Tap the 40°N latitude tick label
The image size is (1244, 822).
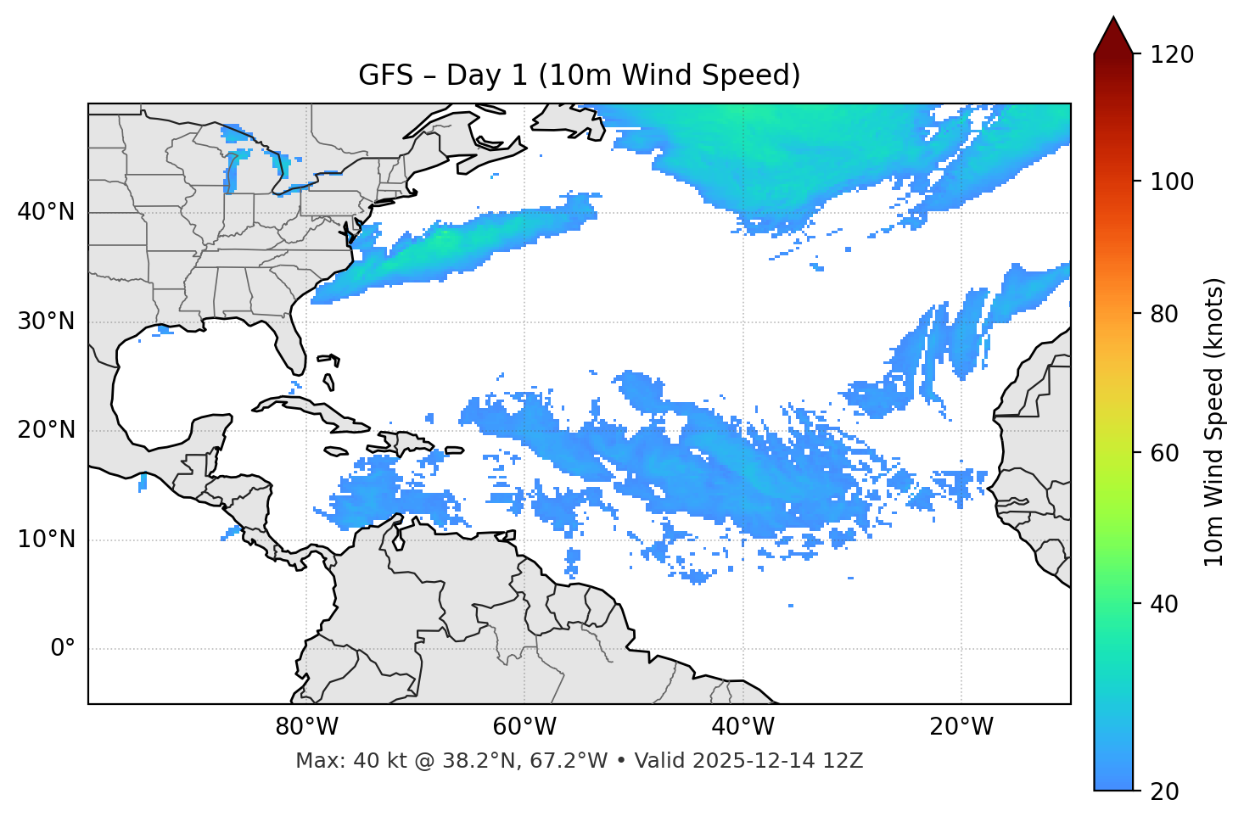pyautogui.click(x=46, y=212)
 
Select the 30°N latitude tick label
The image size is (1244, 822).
pyautogui.click(x=46, y=322)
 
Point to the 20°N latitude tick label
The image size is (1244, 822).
pyautogui.click(x=46, y=430)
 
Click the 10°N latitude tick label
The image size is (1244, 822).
pyautogui.click(x=46, y=540)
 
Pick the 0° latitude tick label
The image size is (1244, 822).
pyautogui.click(x=63, y=649)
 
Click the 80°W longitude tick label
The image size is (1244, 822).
pyautogui.click(x=306, y=727)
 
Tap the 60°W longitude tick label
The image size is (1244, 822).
pyautogui.click(x=524, y=727)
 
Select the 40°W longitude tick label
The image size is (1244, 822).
pyautogui.click(x=742, y=727)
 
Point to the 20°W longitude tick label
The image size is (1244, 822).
pyautogui.click(x=961, y=727)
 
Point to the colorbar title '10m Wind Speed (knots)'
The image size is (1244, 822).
pyautogui.click(x=1214, y=422)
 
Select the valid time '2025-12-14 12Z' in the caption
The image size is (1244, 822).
pyautogui.click(x=777, y=761)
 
